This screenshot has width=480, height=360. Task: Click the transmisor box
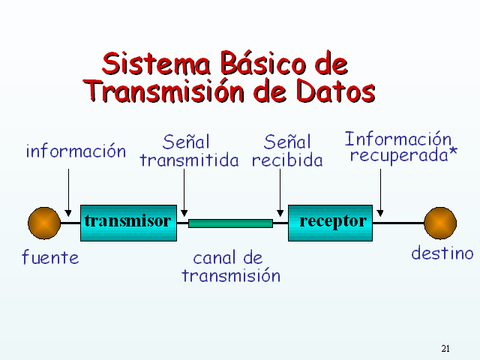(128, 223)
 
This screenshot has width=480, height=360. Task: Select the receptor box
(330, 223)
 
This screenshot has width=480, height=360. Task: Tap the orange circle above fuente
(44, 223)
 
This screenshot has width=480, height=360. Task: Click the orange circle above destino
(440, 223)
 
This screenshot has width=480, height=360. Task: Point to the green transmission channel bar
(230, 223)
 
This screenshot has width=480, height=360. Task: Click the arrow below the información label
(68, 193)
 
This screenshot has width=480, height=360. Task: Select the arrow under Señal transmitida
(184, 193)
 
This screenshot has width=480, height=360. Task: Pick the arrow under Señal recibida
(280, 193)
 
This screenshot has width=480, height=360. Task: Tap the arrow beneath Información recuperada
(380, 193)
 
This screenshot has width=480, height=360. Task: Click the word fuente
(50, 256)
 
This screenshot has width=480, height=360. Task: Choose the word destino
(442, 253)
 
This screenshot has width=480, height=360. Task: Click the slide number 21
(445, 348)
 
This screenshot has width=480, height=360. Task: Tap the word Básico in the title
(263, 63)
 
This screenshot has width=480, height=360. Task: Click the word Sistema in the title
(157, 63)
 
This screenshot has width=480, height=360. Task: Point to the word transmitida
(189, 160)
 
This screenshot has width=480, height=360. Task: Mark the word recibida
(287, 160)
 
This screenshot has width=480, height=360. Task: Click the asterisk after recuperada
(453, 151)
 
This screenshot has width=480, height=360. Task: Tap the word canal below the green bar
(214, 258)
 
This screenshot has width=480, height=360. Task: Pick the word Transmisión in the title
(163, 90)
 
